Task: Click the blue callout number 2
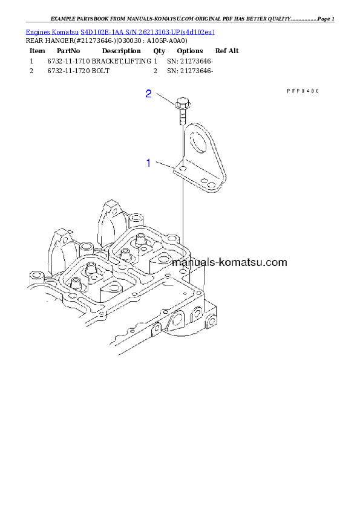[x=149, y=94]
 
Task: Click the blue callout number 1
[x=149, y=163]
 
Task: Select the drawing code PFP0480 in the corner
[x=302, y=91]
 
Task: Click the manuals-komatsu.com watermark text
[x=229, y=262]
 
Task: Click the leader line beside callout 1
[x=165, y=165]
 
